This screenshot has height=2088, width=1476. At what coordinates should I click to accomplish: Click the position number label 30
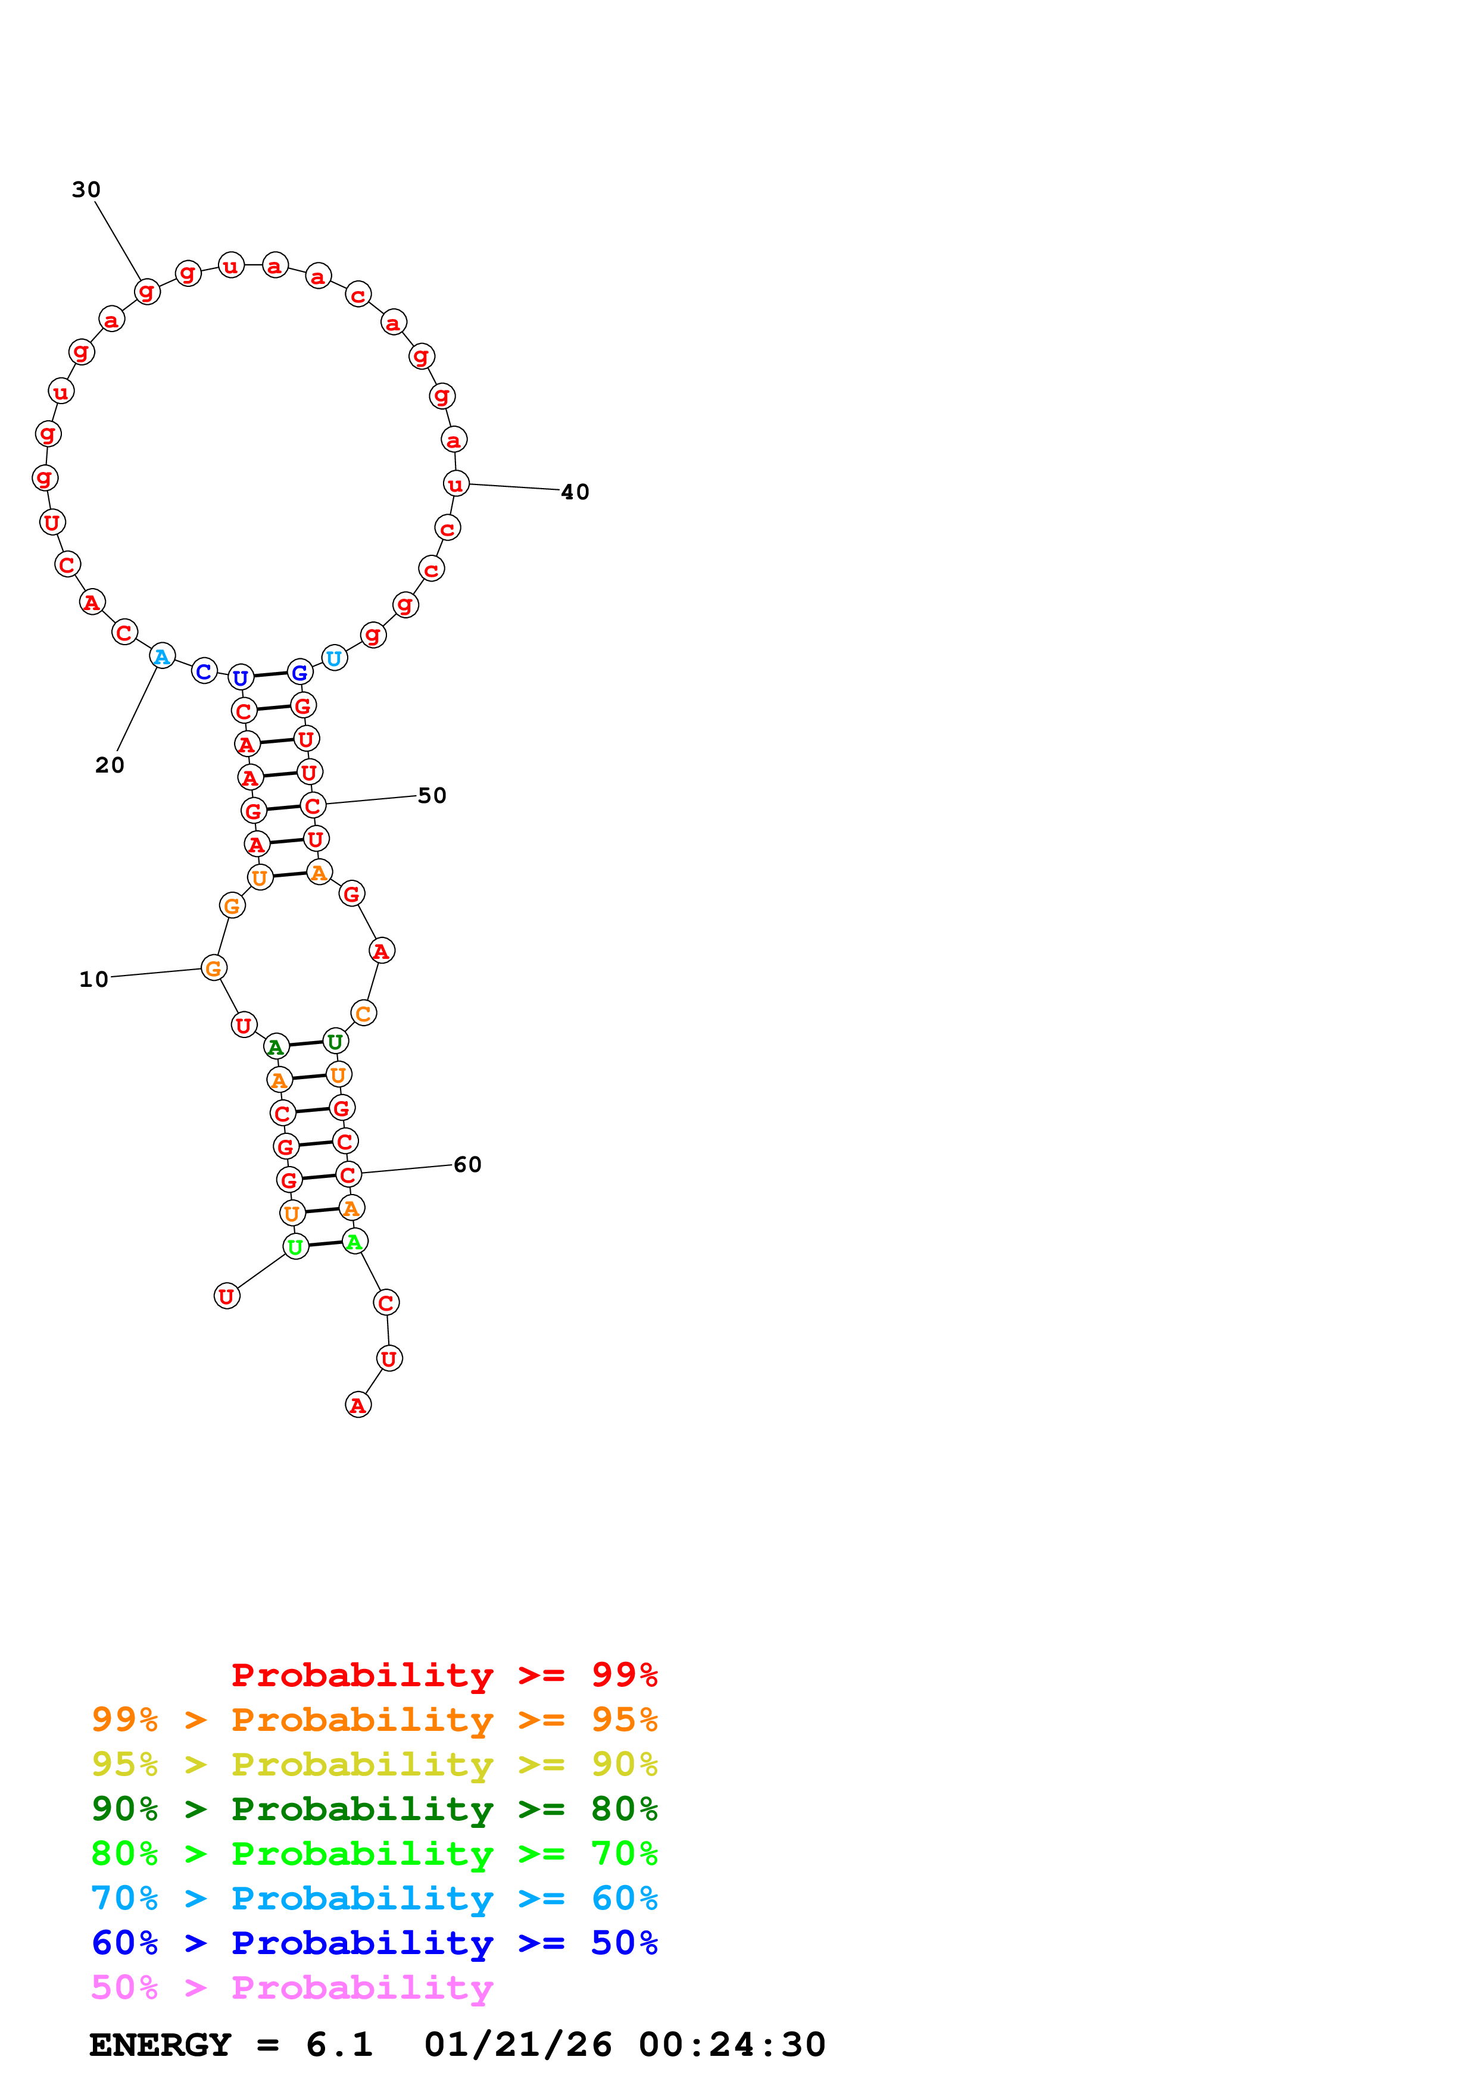click(x=86, y=190)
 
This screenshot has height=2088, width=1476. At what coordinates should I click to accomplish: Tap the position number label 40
click(x=575, y=492)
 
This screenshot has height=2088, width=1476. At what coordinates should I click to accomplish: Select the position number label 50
click(x=432, y=796)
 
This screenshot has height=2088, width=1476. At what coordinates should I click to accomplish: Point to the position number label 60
click(x=467, y=1165)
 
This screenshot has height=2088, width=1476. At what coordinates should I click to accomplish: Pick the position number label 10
click(x=93, y=980)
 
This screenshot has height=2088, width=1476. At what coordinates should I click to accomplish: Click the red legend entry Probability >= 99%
click(x=444, y=1675)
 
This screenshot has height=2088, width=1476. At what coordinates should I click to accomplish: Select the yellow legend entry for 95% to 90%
click(x=374, y=1764)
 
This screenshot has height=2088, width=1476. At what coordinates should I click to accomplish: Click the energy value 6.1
click(x=339, y=2045)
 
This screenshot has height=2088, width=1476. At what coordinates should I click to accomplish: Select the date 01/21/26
click(x=517, y=2045)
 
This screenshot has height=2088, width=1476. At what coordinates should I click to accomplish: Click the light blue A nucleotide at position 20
click(x=162, y=656)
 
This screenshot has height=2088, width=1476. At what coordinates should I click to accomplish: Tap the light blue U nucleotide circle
click(x=335, y=658)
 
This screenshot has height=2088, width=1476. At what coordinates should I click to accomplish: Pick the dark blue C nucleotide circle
click(x=205, y=671)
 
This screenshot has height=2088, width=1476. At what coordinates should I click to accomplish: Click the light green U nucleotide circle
click(x=295, y=1247)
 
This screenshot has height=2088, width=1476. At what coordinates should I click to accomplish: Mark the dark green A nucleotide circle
click(x=276, y=1047)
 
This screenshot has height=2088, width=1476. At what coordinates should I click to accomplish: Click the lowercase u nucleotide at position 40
click(x=455, y=484)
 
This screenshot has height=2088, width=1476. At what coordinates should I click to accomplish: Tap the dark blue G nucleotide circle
click(x=299, y=673)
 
